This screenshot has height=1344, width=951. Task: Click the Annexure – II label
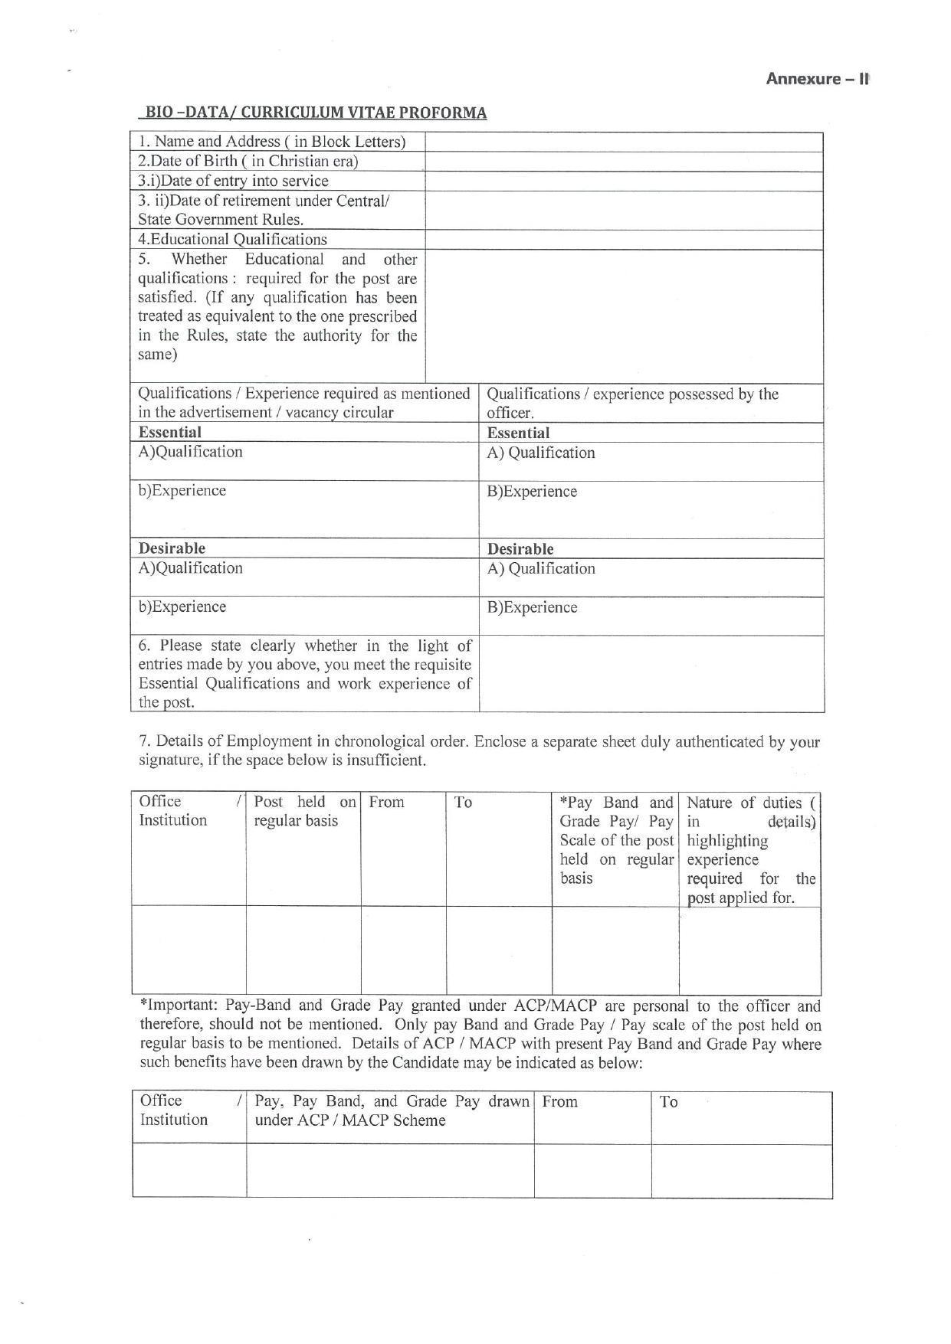coord(817,79)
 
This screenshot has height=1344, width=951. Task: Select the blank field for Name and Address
coord(624,142)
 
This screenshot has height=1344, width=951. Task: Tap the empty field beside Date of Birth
coord(624,162)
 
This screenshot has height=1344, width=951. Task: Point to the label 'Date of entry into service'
coord(233,181)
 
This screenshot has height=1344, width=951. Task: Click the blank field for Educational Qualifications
coord(624,239)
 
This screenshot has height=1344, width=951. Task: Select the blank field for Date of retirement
coord(624,210)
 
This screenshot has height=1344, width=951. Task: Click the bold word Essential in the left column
coord(169,432)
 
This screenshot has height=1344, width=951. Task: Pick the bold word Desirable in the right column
coord(520,549)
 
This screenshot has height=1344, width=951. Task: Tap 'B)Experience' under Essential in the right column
coord(532,492)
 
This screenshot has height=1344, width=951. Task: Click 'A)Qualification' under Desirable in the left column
coord(190,568)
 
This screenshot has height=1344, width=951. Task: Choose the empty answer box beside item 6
coord(651,674)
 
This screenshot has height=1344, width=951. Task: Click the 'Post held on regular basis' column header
coord(304,812)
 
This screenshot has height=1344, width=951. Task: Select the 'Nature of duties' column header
coord(750,849)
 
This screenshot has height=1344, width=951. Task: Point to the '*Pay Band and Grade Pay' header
coord(616,839)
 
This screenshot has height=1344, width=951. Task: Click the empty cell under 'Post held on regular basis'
coord(303,950)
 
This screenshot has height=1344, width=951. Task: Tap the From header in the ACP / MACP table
coord(560,1102)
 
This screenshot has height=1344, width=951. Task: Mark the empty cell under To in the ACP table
coord(741,1170)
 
